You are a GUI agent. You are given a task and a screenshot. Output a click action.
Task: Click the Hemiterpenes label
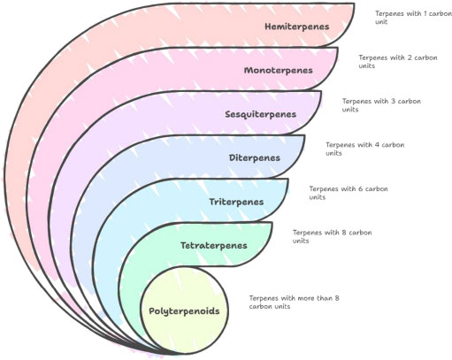point(297,27)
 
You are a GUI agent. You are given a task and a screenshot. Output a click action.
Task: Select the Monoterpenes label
point(279,71)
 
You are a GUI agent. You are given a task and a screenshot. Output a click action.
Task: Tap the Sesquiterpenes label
point(261,114)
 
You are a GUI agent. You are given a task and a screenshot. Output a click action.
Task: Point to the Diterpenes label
point(255,158)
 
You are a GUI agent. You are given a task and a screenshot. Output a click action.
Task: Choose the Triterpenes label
point(236,202)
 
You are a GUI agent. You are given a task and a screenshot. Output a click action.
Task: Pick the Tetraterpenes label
point(214,245)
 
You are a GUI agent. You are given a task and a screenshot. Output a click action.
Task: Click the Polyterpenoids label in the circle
point(184,311)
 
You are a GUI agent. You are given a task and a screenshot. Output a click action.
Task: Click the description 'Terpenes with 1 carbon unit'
point(413,18)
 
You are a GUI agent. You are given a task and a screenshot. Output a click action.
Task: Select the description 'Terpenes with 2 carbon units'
point(398,61)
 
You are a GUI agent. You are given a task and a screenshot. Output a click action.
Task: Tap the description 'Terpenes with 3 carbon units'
point(381,105)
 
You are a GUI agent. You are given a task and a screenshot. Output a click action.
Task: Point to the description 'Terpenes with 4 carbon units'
point(365,149)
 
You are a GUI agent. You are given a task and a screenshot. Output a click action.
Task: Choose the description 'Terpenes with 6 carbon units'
point(349,193)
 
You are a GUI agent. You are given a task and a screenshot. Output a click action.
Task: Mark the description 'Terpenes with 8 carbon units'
point(332,236)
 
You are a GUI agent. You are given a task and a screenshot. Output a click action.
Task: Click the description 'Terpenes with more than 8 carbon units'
point(295,303)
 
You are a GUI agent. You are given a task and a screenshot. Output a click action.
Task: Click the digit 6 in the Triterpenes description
point(360,188)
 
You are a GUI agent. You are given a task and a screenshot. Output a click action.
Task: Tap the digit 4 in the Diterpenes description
point(377,145)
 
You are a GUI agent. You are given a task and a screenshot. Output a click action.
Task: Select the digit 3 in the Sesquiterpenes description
point(394,101)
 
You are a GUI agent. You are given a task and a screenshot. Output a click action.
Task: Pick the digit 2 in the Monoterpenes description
point(410,57)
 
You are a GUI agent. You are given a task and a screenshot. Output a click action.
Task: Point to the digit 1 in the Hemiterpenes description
point(425,14)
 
